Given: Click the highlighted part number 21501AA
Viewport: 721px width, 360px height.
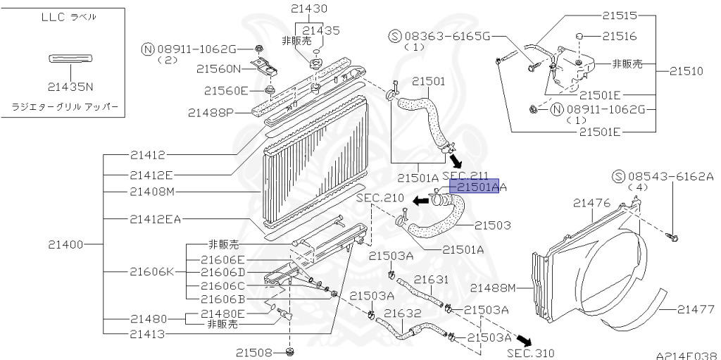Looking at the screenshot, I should [477, 187].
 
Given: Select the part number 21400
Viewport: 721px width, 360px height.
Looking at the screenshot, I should [66, 244].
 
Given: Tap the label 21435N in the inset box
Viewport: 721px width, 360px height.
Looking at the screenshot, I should [70, 87].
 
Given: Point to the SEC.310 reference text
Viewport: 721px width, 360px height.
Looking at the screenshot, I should [530, 352].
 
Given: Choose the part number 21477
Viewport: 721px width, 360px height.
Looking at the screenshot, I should [697, 309].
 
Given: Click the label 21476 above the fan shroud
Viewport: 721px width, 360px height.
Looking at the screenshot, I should [591, 203].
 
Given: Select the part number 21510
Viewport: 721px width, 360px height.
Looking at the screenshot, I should [686, 71].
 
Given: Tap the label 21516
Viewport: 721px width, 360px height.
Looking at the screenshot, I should [620, 35].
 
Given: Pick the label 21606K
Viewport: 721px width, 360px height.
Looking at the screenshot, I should [153, 271].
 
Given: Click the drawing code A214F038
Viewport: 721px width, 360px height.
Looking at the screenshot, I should [686, 356].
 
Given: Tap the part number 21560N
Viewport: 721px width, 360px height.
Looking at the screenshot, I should [218, 69].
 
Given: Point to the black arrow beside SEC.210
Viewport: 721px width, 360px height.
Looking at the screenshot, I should [420, 201].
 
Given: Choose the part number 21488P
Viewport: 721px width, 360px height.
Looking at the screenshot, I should [211, 112].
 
